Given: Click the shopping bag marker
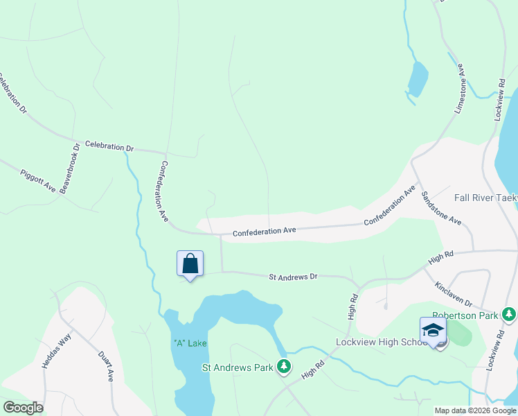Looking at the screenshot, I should pyautogui.click(x=190, y=264).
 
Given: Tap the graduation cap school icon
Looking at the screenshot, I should pyautogui.click(x=433, y=330).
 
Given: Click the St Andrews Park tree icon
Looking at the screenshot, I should pyautogui.click(x=283, y=366).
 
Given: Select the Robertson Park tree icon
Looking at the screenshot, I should pyautogui.click(x=510, y=314).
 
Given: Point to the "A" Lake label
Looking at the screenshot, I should pyautogui.click(x=190, y=343).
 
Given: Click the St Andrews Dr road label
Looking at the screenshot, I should pyautogui.click(x=293, y=276).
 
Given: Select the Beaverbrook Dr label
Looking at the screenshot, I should pyautogui.click(x=71, y=168).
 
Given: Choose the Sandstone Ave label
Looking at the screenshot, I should pyautogui.click(x=441, y=208).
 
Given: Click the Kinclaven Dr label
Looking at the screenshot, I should pyautogui.click(x=454, y=294).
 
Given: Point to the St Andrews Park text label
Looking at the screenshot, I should pyautogui.click(x=238, y=367).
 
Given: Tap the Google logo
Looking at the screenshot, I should pyautogui.click(x=23, y=408).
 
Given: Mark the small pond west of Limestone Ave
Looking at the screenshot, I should pyautogui.click(x=418, y=80).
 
